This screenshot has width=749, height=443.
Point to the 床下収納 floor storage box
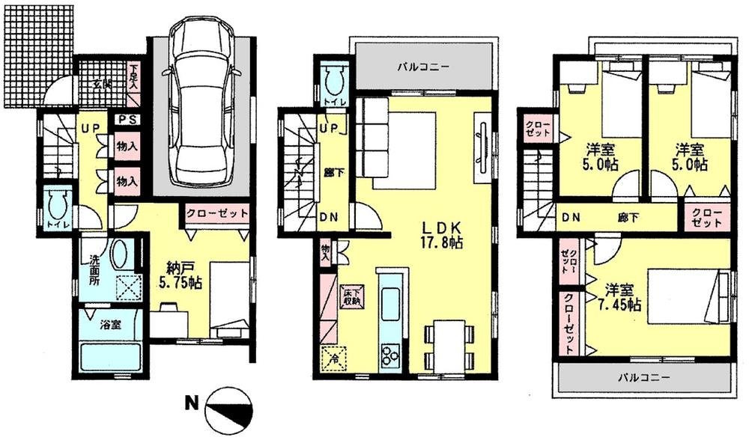tap(351, 297)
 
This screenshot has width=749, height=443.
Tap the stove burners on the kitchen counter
tap(390, 352)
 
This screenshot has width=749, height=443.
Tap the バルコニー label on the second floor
tap(423, 66)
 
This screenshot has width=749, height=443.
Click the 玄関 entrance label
tap(97, 84)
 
